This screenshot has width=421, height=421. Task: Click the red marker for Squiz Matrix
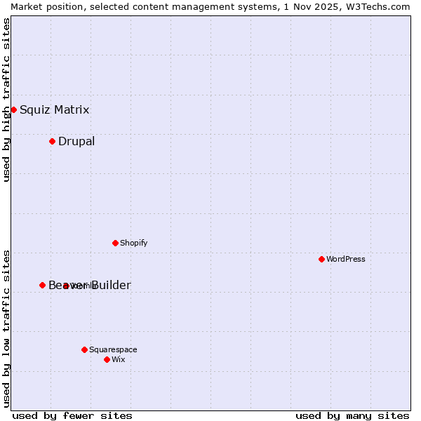coord(13,109)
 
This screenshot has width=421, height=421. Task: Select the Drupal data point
coord(52,141)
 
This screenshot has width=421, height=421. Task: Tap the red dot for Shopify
coord(115,243)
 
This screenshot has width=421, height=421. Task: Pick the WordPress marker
coord(321,259)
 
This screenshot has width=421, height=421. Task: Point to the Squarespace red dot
coord(84,349)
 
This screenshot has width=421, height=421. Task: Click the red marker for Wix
coord(107,359)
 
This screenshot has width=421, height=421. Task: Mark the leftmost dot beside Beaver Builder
coord(42,285)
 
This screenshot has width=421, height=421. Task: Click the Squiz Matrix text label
coord(54,109)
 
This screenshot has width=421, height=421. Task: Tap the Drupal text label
coord(76,141)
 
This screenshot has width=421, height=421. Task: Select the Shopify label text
coord(133,243)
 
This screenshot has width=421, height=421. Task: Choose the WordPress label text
coord(345,259)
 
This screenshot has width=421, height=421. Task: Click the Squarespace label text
coord(113,349)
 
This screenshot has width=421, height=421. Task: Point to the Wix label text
coord(118,359)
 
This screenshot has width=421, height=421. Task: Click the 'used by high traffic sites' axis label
coord(6,100)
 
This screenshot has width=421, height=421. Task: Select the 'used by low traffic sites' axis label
coord(6,328)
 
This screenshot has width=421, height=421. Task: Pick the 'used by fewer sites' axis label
coord(72,415)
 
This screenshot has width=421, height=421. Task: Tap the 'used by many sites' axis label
coord(352,415)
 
